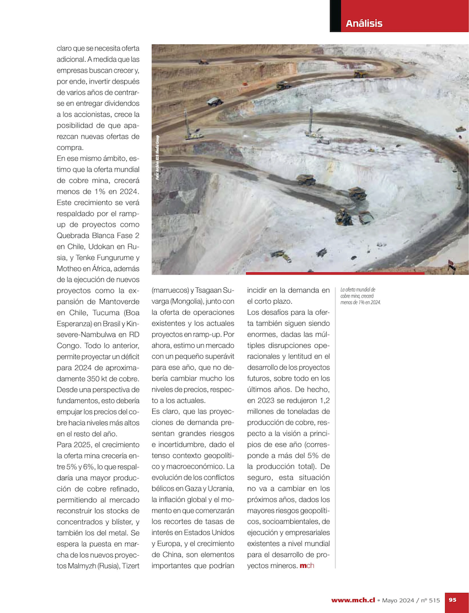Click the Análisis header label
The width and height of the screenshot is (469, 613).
pyautogui.click(x=364, y=23)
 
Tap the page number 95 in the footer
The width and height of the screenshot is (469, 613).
pyautogui.click(x=452, y=600)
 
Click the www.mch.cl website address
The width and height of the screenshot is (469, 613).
pyautogui.click(x=353, y=600)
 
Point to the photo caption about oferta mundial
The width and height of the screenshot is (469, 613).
pyautogui.click(x=360, y=295)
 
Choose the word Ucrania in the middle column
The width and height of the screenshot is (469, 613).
pyautogui.click(x=222, y=488)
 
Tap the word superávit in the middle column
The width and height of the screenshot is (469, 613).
pyautogui.click(x=220, y=356)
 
